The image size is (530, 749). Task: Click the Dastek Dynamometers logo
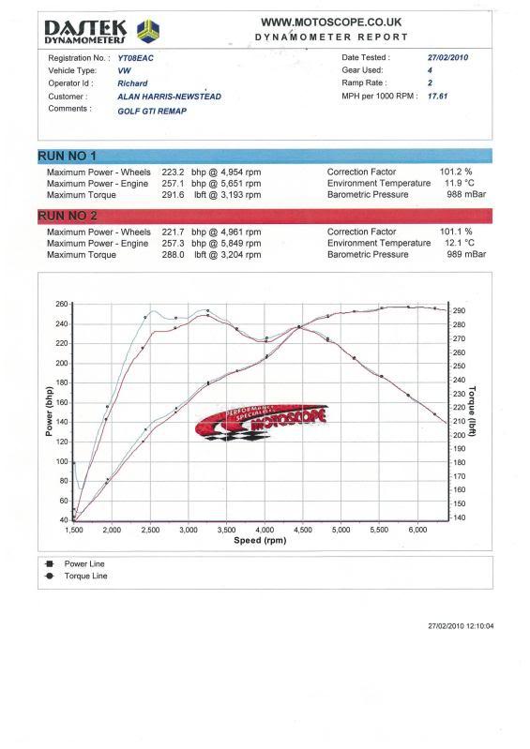(101, 32)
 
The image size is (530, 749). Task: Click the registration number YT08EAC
(136, 58)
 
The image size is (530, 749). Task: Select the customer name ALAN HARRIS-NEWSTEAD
(169, 97)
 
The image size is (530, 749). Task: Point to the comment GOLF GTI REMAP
(152, 111)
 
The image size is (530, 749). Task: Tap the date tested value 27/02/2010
(447, 57)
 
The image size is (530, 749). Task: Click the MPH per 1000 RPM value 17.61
(438, 96)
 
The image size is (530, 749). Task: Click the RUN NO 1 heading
(67, 156)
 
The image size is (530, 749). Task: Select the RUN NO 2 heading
(68, 216)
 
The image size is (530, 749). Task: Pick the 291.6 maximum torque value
(173, 195)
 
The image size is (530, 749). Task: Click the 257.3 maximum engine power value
(173, 244)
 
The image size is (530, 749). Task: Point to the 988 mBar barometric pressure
(466, 194)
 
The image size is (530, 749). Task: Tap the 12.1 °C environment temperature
(460, 243)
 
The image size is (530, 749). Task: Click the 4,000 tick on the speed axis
(265, 530)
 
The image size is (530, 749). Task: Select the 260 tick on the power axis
(62, 304)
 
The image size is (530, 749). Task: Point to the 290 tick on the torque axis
(460, 310)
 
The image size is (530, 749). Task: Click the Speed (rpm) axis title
(260, 540)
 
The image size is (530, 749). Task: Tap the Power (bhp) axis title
(49, 412)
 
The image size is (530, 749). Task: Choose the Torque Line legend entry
(77, 577)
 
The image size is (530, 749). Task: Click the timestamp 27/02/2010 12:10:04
(462, 626)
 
